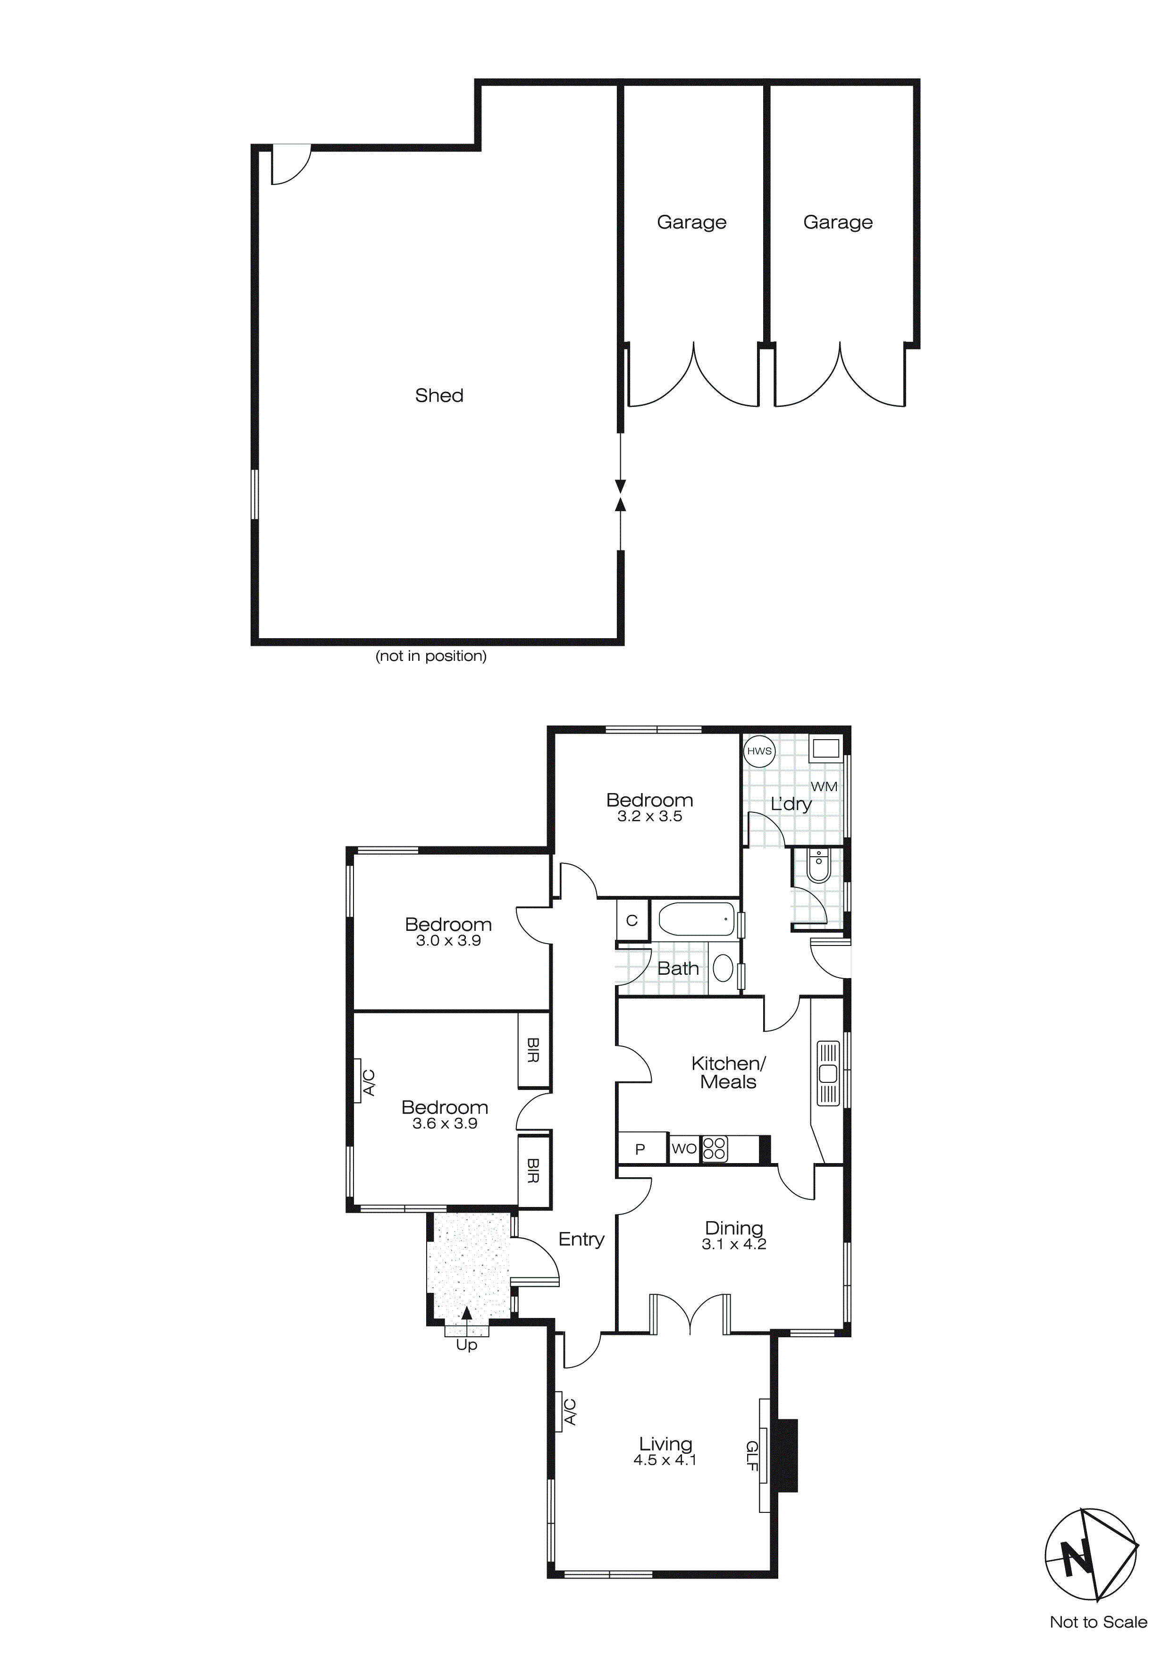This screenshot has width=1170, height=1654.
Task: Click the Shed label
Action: pos(439,396)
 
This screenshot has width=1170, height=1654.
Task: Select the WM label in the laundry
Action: pos(824,787)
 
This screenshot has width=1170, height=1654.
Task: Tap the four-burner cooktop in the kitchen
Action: pos(714,1148)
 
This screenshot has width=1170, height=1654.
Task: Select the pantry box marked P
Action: pos(640,1149)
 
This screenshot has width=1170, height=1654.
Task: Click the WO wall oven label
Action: pos(684,1148)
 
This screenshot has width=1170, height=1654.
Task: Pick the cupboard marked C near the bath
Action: pos(632,920)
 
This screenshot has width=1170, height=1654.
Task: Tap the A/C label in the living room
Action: pos(570,1412)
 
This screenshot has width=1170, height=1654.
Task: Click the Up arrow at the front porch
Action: pos(467,1316)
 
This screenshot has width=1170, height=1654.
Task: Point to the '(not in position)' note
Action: pos(431,656)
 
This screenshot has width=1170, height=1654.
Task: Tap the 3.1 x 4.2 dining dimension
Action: pos(733,1244)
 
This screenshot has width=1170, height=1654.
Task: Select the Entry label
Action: pos(581,1239)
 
